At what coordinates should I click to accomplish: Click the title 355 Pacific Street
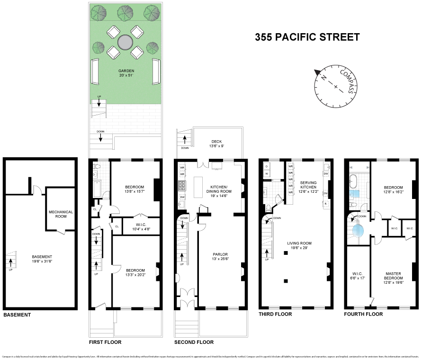pos(307,37)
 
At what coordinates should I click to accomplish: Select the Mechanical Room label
pos(61,215)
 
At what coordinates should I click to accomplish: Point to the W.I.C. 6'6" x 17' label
pos(357,275)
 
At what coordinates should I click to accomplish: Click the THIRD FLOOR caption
pos(275,314)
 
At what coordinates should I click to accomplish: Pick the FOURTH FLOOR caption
pos(363,314)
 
